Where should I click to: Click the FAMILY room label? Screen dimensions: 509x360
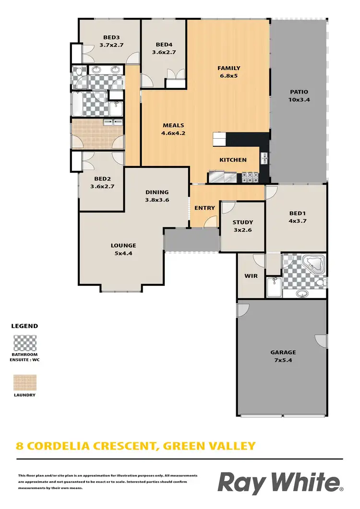tap(228, 68)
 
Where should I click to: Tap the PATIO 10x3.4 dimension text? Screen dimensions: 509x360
tap(299, 100)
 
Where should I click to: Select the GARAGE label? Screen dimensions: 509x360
tap(283, 352)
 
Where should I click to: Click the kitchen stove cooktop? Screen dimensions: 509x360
tap(250, 177)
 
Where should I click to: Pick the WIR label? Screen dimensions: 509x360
tap(251, 276)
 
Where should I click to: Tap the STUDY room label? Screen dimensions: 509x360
tap(242, 222)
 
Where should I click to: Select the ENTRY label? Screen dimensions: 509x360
tap(204, 208)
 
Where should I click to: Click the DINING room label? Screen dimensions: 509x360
tap(157, 192)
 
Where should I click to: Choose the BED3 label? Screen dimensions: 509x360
tap(111, 37)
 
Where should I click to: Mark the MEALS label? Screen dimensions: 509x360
tap(173, 126)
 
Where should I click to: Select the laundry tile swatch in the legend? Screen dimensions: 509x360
tap(24, 382)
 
